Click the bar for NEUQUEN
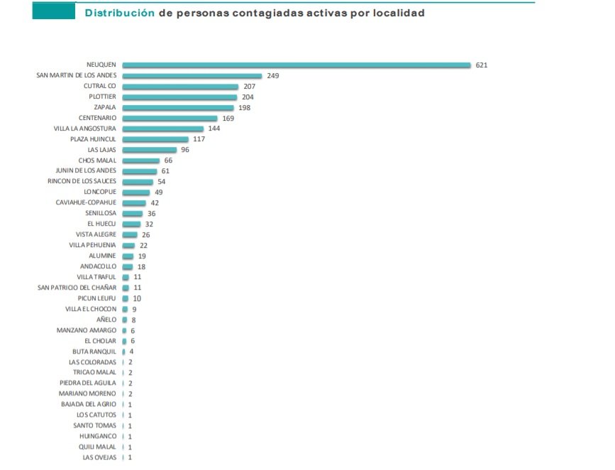(296, 65)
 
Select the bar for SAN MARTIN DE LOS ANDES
(192, 76)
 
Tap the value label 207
(249, 87)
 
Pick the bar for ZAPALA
(177, 108)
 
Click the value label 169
(228, 119)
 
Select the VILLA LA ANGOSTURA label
(85, 129)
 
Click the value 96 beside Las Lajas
(186, 150)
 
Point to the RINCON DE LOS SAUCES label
(82, 182)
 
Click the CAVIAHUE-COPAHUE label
(86, 203)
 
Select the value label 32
(149, 224)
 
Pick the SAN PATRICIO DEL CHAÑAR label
(77, 288)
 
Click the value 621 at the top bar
(482, 65)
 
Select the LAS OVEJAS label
(99, 457)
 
